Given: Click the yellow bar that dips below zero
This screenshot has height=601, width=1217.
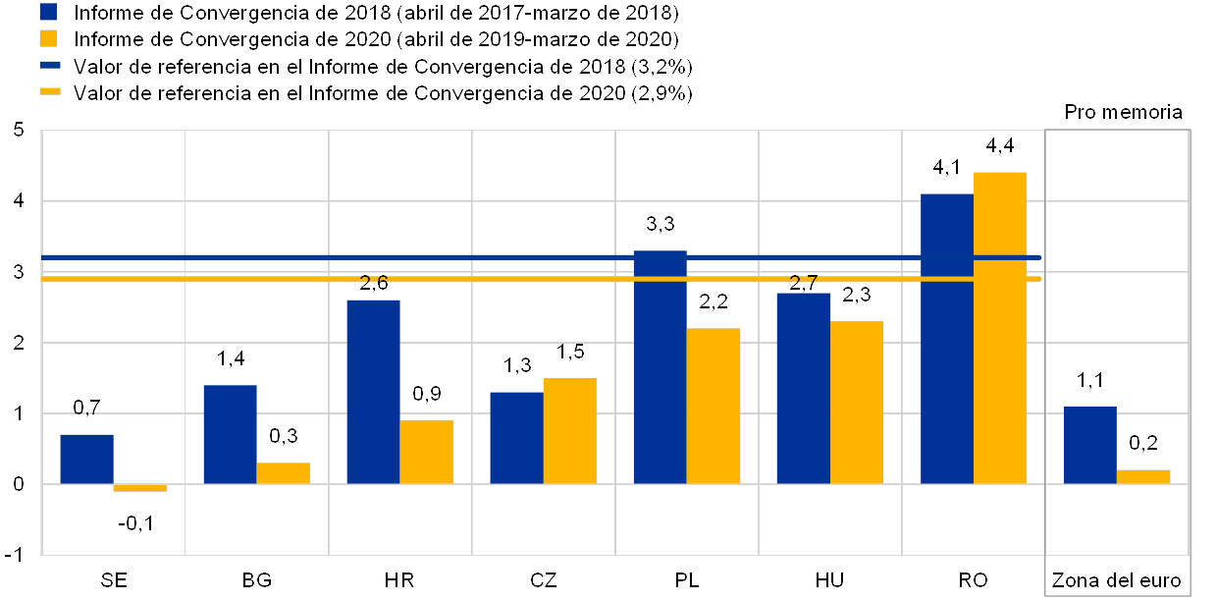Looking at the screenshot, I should pos(139,487).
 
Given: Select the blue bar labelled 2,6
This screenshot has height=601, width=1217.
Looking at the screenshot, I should pos(373,391).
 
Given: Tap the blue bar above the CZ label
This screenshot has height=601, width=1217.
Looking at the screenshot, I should pos(516,437).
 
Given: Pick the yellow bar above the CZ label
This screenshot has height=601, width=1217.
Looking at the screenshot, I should pos(569,430).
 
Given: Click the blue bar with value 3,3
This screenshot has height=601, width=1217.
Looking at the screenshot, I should pos(660,366).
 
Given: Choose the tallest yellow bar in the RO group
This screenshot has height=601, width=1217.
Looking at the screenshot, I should pos(999,327).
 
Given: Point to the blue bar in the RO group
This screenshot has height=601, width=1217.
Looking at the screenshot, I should pos(946,338).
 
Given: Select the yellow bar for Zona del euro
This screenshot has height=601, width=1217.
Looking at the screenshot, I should pos(1143,476).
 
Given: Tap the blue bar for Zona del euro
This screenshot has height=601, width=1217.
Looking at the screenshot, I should pos(1089,445).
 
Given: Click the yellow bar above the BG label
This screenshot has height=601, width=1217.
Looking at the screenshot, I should pos(283,472).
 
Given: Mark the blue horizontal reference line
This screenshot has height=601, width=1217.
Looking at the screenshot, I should pos(540,257).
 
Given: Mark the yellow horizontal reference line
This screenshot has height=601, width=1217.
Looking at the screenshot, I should pos(540,279).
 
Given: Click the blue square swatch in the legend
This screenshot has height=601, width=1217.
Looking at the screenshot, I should pos(48,13).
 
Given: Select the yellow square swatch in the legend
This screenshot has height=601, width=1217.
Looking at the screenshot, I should pos(48,39).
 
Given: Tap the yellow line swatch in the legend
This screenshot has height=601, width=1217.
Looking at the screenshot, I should pos(50,92).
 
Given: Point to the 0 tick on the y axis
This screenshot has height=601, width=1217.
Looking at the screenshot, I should pos(19,483).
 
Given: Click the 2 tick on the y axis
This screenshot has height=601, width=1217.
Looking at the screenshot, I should pos(19,342).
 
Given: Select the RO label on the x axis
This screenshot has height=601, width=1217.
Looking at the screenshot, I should pos(974,580).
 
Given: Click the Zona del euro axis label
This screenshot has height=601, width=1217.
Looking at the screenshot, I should pos(1116,580).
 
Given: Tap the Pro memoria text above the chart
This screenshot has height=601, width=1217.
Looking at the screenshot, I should pos(1126,112).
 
